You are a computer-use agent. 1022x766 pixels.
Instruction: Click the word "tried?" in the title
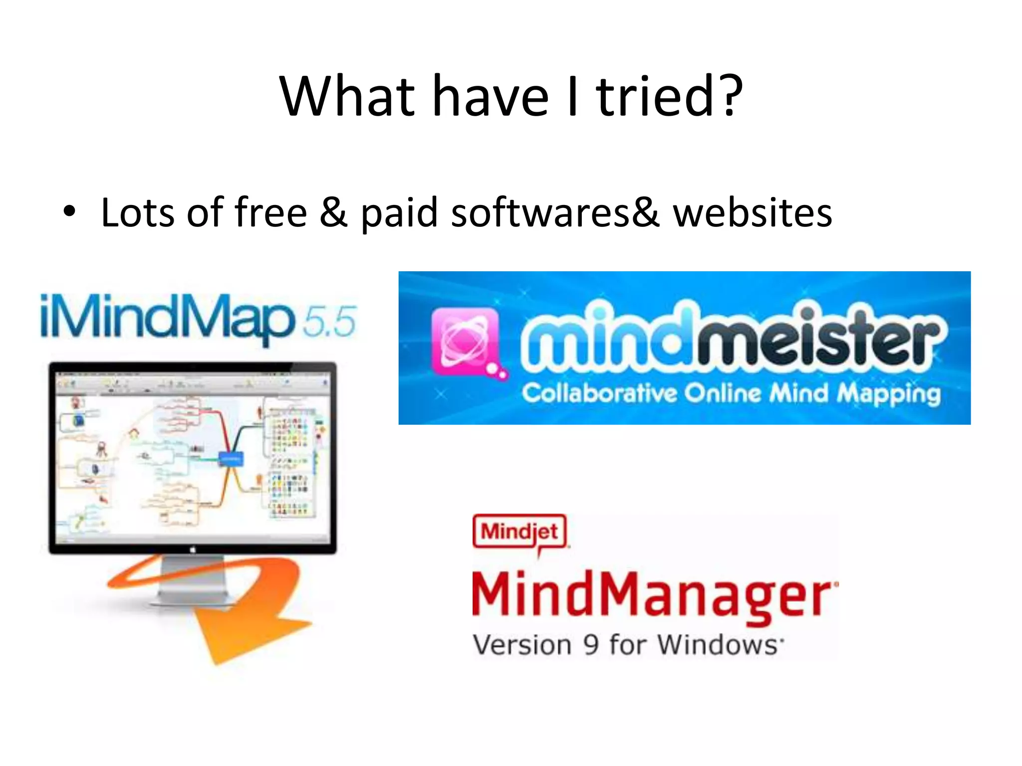(669, 96)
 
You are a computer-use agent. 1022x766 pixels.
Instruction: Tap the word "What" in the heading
(347, 96)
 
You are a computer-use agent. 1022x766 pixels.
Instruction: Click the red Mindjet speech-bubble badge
(519, 532)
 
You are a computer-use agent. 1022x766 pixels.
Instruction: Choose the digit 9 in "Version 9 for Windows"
(591, 644)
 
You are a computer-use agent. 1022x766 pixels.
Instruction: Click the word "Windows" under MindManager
(718, 644)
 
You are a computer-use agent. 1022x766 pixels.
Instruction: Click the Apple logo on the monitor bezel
(193, 549)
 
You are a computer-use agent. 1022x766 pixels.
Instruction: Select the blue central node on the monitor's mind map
(231, 458)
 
